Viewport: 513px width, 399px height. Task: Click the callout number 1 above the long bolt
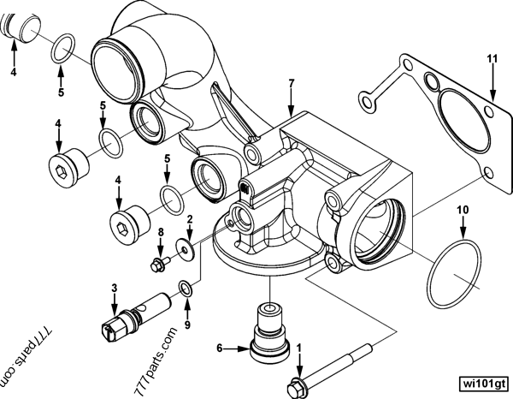(x=299, y=348)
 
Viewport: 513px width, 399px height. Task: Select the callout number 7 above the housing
(x=292, y=83)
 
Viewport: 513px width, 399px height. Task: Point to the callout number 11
(x=492, y=58)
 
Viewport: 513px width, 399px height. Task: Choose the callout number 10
(x=462, y=209)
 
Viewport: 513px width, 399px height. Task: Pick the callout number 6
(x=220, y=348)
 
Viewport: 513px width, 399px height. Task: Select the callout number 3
(x=114, y=289)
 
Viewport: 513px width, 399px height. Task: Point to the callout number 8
(x=160, y=233)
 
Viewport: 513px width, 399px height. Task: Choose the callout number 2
(x=190, y=219)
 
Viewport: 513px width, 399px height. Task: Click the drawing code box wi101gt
(x=482, y=381)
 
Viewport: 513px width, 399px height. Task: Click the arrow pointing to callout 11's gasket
(x=492, y=86)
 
